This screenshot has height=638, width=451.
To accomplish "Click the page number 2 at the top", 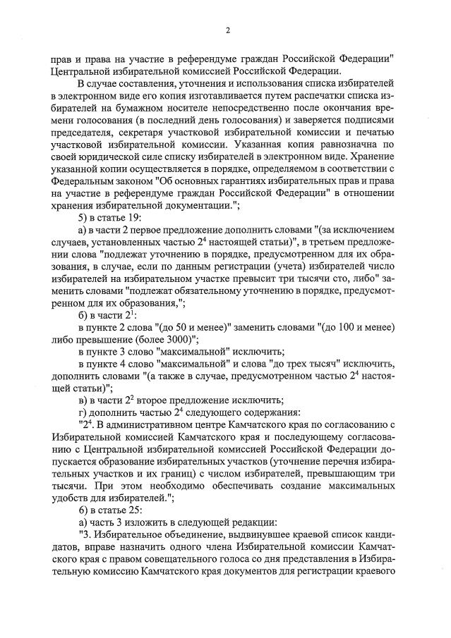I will click(x=227, y=30).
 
